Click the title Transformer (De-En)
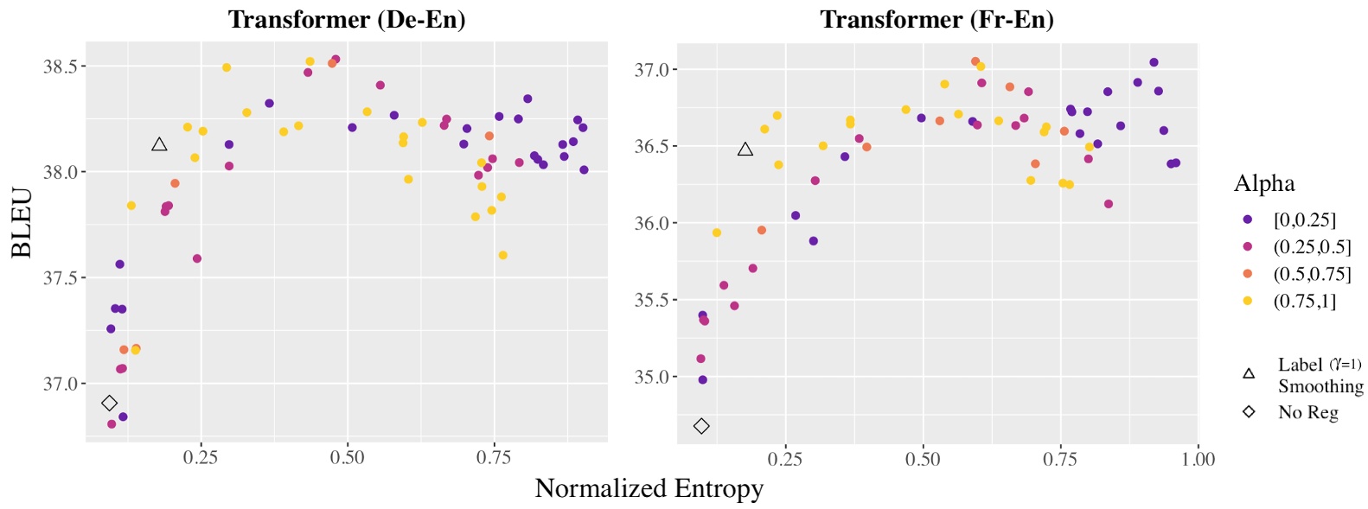coord(347,19)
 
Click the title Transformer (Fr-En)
coord(937,19)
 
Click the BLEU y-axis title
coord(22,223)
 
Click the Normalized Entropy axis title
coord(649,488)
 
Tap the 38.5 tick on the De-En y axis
coord(60,67)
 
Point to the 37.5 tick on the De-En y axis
coord(60,278)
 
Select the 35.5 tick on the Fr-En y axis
coord(651,300)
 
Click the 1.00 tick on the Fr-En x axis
coord(1198,460)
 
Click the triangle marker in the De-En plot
coord(159,144)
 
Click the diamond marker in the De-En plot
coord(109,403)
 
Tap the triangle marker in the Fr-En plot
coord(745,150)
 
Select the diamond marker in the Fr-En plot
coord(701,426)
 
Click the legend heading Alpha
coord(1263,183)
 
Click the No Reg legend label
coord(1307,412)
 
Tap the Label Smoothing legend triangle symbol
coord(1248,373)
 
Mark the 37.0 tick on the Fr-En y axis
coord(651,70)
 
